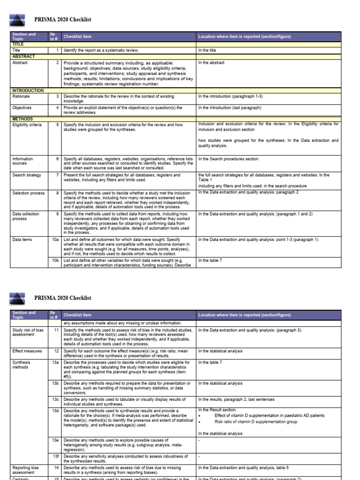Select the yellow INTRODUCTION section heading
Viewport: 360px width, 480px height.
pos(28,90)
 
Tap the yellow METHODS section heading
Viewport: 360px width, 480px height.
pos(22,119)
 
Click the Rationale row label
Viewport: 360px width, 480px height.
pos(22,96)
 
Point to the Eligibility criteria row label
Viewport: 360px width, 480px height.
pos(27,125)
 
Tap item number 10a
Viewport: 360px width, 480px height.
pos(56,239)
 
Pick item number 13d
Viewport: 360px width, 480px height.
pos(56,410)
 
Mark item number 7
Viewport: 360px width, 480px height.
pos(57,175)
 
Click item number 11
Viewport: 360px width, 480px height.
pos(56,330)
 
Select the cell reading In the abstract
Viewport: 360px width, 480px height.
pos(211,62)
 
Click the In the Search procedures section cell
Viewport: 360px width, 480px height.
pos(228,159)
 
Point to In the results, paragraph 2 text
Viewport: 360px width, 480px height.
pos(236,399)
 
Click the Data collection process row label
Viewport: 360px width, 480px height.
pos(26,216)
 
